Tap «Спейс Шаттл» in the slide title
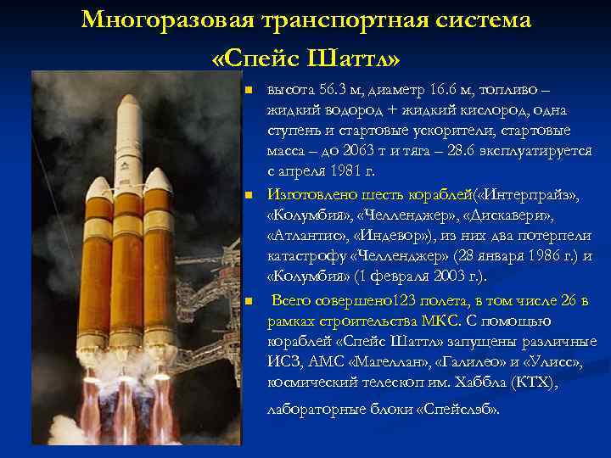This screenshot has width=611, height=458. (x=305, y=59)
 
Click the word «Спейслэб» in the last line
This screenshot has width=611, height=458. (x=456, y=409)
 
